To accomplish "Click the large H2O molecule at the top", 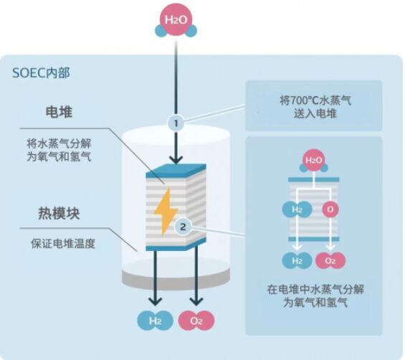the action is [x=176, y=22].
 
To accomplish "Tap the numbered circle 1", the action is [x=176, y=123].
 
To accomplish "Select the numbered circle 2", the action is [x=183, y=227].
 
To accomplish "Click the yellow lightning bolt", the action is [x=166, y=212].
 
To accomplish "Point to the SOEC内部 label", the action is [x=41, y=72].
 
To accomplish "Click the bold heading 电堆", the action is [x=59, y=112].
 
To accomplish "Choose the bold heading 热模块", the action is [x=59, y=214].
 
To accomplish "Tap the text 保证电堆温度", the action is [x=63, y=243].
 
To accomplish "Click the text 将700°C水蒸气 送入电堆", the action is [x=315, y=107].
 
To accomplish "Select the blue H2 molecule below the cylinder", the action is [x=155, y=321].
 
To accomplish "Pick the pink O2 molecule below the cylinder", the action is [x=196, y=321].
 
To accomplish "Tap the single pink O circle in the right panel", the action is [x=330, y=209].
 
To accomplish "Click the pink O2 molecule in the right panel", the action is [x=330, y=260].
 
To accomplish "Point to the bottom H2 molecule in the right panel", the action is [x=297, y=260].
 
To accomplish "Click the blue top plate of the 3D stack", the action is [x=176, y=171].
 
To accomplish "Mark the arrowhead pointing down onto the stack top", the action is [x=176, y=160].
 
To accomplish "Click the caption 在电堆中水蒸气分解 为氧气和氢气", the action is [x=315, y=295].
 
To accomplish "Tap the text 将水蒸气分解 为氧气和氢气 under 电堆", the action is [x=59, y=150].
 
